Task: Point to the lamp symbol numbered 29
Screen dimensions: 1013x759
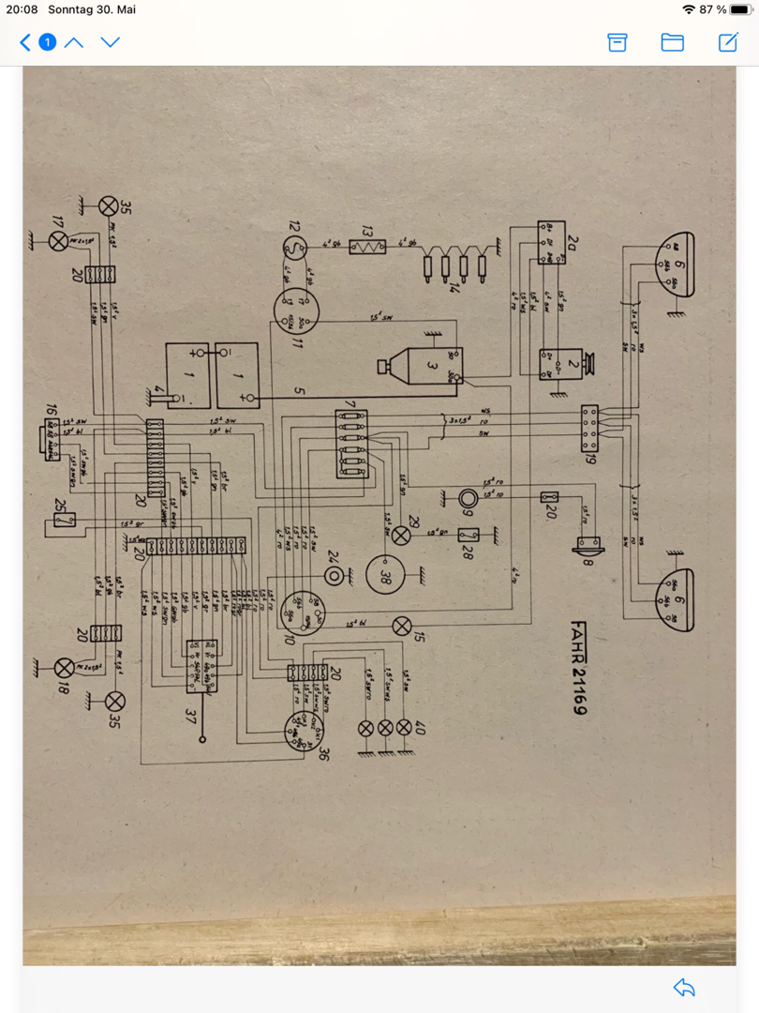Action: pyautogui.click(x=401, y=536)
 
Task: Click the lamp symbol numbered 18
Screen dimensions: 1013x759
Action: pyautogui.click(x=64, y=668)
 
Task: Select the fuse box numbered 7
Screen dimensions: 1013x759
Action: pyautogui.click(x=350, y=444)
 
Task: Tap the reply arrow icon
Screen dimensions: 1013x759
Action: pyautogui.click(x=684, y=987)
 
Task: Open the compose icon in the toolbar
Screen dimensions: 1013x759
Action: pyautogui.click(x=728, y=42)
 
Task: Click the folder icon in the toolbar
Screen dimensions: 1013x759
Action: pyautogui.click(x=672, y=42)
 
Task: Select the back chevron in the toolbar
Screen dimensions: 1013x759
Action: pyautogui.click(x=25, y=42)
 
